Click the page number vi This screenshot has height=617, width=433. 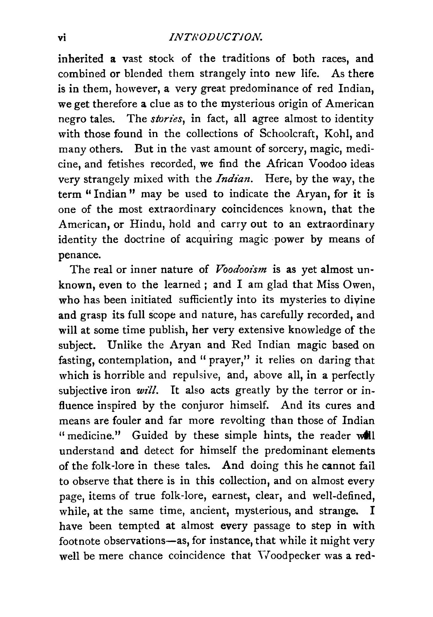tap(63, 38)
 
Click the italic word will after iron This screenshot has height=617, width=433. tap(149, 390)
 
